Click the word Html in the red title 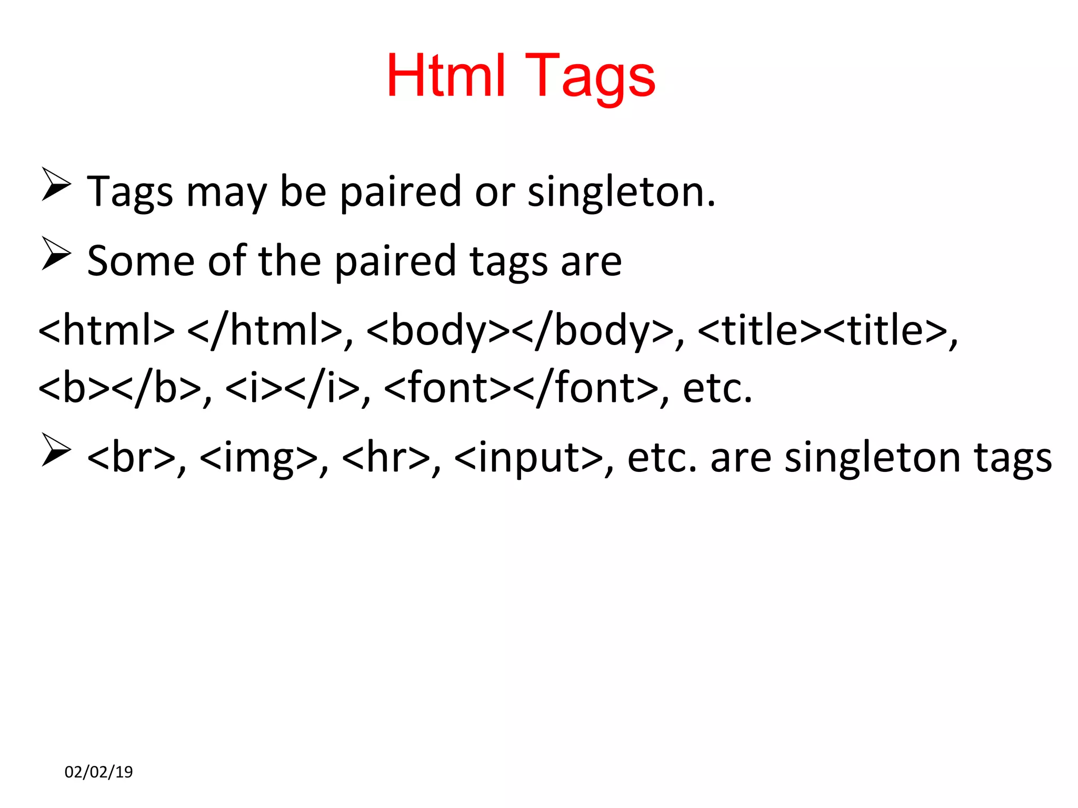tap(446, 76)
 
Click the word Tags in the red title tap(590, 77)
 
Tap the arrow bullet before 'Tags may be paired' tap(56, 184)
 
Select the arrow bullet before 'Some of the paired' tap(56, 254)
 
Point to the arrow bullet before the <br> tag tap(56, 450)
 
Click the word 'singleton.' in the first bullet tap(622, 192)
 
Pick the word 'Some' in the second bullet tap(141, 261)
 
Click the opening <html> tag tap(106, 330)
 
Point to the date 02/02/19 tap(98, 772)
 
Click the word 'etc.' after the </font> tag tap(717, 388)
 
